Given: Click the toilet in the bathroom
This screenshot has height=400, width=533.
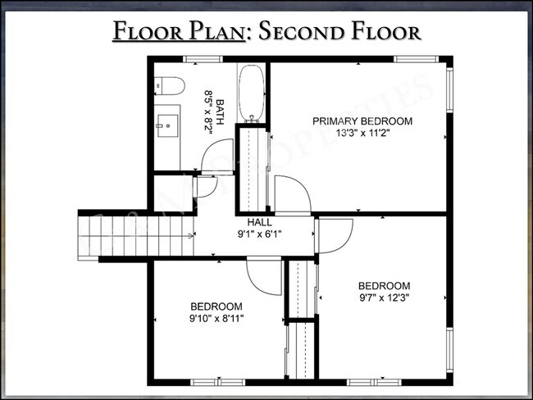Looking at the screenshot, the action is pos(169,86).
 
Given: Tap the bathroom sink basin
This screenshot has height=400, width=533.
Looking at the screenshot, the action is pos(167,125).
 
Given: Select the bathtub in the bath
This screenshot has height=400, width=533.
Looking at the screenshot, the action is pos(251,93).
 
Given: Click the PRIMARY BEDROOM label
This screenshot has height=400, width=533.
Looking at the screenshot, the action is pos(362,121).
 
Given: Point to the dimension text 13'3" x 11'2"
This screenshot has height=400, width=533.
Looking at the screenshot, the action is pos(362,133).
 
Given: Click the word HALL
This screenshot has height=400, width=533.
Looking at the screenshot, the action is pos(259,222).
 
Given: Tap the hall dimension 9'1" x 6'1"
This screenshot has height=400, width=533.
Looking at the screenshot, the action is pos(259,234).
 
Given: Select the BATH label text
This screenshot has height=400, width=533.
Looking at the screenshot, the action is pos(220,111).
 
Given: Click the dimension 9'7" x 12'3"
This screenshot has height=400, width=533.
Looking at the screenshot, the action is pos(384,298).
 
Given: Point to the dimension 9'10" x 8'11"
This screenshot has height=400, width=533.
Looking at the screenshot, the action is pos(216,319).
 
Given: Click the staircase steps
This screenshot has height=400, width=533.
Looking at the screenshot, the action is pos(136,236).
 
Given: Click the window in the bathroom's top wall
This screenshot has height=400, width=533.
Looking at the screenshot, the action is pos(203,59).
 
